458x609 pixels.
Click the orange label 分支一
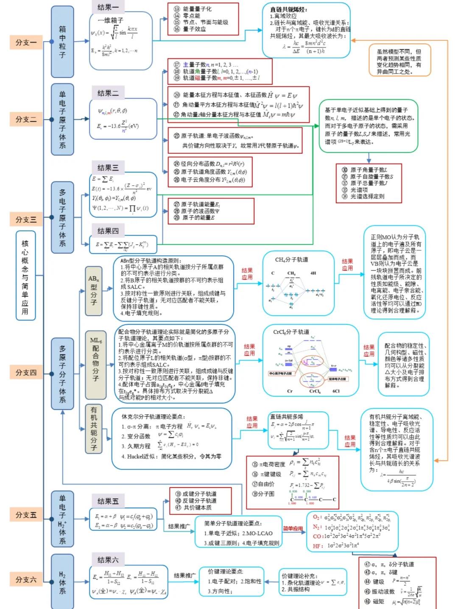(26, 42)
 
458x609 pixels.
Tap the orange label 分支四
(26, 373)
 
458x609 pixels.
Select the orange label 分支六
(26, 579)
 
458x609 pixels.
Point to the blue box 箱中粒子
(62, 42)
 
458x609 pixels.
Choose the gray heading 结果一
(108, 7)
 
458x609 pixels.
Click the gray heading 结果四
(108, 231)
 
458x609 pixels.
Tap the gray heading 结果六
(108, 560)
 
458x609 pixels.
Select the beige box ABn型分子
(94, 291)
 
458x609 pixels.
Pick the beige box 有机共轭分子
(94, 429)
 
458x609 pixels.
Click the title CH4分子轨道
(291, 260)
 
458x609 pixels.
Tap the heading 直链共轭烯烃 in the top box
(288, 9)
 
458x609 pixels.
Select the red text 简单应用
(293, 529)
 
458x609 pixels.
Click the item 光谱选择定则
(367, 196)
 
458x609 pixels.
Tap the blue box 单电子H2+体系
(62, 519)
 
